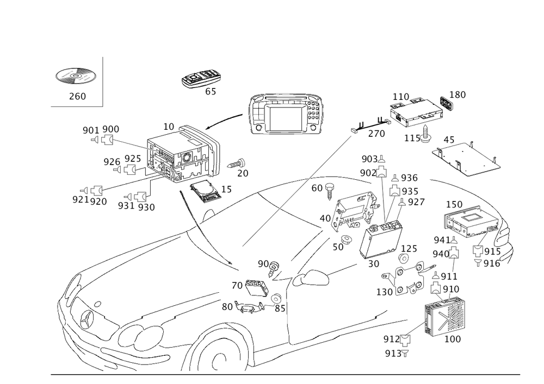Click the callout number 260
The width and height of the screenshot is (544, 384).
(77, 97)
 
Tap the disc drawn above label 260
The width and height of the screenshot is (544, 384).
(77, 77)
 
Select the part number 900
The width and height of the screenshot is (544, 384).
(111, 129)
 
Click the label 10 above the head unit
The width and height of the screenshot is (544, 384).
(169, 127)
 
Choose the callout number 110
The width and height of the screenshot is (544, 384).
(401, 97)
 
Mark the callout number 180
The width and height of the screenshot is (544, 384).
(459, 95)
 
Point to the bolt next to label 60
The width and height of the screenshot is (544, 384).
(330, 191)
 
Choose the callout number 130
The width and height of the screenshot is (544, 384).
(388, 292)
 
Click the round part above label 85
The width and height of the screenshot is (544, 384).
(277, 298)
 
